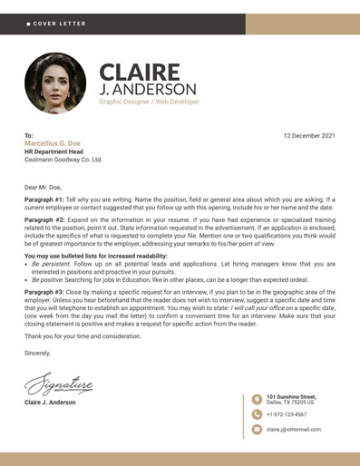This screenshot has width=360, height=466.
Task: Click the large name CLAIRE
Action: (140, 72)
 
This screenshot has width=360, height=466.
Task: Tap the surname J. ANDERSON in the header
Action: (147, 90)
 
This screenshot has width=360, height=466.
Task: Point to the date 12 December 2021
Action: (309, 136)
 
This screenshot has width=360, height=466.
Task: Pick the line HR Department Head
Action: (56, 151)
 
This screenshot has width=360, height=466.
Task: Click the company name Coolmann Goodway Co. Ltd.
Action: (63, 160)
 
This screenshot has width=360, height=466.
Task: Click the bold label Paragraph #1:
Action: (44, 199)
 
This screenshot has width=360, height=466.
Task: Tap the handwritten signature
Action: (59, 385)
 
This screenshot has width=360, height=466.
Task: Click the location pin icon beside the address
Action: (257, 399)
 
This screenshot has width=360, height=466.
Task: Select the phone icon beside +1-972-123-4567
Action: (257, 414)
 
